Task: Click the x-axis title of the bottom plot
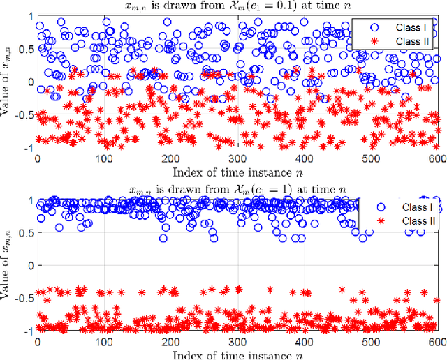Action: pos(237,354)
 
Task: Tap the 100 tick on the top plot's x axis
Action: pos(103,158)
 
